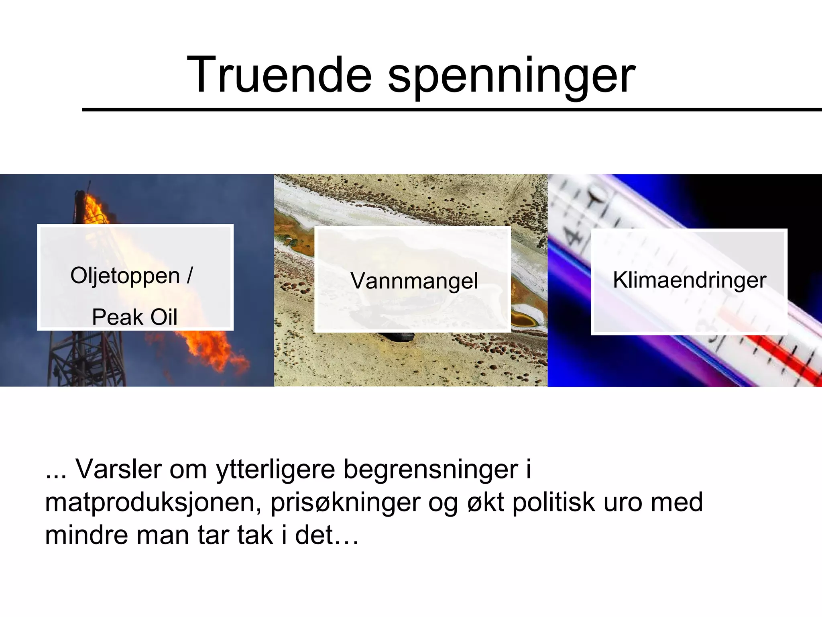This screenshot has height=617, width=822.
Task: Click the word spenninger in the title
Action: [511, 76]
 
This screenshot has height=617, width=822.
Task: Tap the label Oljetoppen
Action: [125, 276]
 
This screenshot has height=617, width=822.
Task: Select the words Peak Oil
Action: [134, 317]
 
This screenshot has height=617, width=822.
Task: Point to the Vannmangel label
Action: [414, 280]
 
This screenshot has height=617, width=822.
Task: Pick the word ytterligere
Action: [275, 470]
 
